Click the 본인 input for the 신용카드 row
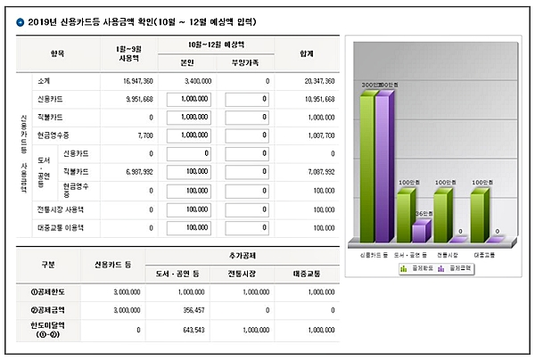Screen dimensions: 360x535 point(185,99)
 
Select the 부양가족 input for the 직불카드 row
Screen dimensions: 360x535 point(247,117)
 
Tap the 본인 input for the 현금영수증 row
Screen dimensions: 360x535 point(185,135)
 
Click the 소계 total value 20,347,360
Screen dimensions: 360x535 point(316,80)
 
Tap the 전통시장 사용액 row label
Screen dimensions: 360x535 point(62,209)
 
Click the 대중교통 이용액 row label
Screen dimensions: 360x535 point(62,228)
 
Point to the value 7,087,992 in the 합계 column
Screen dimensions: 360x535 point(317,172)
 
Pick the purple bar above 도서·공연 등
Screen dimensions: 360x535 point(418,233)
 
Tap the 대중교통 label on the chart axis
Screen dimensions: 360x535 point(484,254)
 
